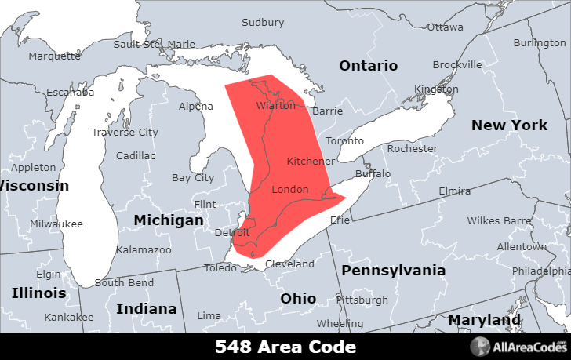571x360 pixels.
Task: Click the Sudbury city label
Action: click(x=263, y=23)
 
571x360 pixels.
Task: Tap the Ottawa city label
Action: click(x=445, y=27)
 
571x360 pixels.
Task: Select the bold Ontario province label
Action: click(x=368, y=66)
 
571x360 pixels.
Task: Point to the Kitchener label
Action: click(x=311, y=161)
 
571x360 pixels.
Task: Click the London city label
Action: click(x=289, y=190)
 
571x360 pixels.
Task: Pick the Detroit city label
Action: click(x=232, y=233)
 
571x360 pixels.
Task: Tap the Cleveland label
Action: click(x=289, y=264)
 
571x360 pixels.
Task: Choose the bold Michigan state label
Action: click(x=168, y=220)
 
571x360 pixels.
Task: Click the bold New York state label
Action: click(x=509, y=125)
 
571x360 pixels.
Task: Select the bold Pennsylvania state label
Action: click(x=393, y=271)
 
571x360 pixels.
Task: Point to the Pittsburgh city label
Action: click(x=362, y=300)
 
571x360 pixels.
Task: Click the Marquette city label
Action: click(x=54, y=56)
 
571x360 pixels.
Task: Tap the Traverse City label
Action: click(x=124, y=133)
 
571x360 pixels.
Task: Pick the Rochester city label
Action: click(x=413, y=148)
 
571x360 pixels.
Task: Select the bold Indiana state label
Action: click(x=146, y=308)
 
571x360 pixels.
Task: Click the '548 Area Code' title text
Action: click(x=285, y=347)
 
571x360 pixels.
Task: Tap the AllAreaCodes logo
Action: click(x=518, y=347)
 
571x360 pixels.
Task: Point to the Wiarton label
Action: click(x=275, y=106)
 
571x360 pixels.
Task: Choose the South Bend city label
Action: click(x=124, y=282)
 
